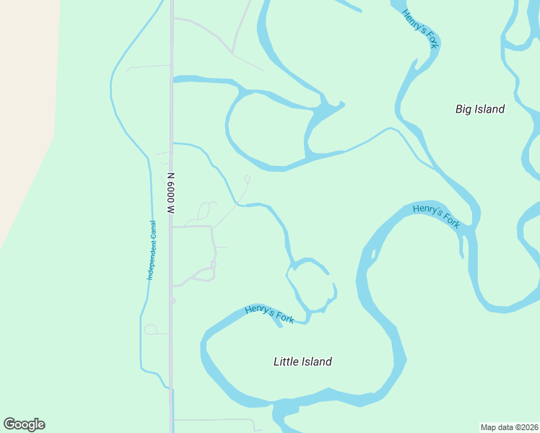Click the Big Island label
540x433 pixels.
tap(480, 109)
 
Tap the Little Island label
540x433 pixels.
tap(302, 362)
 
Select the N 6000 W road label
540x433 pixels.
tap(171, 193)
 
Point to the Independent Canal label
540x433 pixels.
tap(152, 250)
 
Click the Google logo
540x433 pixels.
tap(24, 424)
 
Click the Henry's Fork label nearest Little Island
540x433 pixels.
tap(269, 314)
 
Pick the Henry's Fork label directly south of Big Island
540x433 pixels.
tap(437, 216)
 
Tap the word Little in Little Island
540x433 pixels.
tap(287, 362)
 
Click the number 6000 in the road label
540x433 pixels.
tap(171, 192)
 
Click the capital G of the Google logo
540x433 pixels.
tap(10, 424)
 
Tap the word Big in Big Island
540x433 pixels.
tap(463, 109)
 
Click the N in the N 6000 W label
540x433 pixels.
tap(171, 175)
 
